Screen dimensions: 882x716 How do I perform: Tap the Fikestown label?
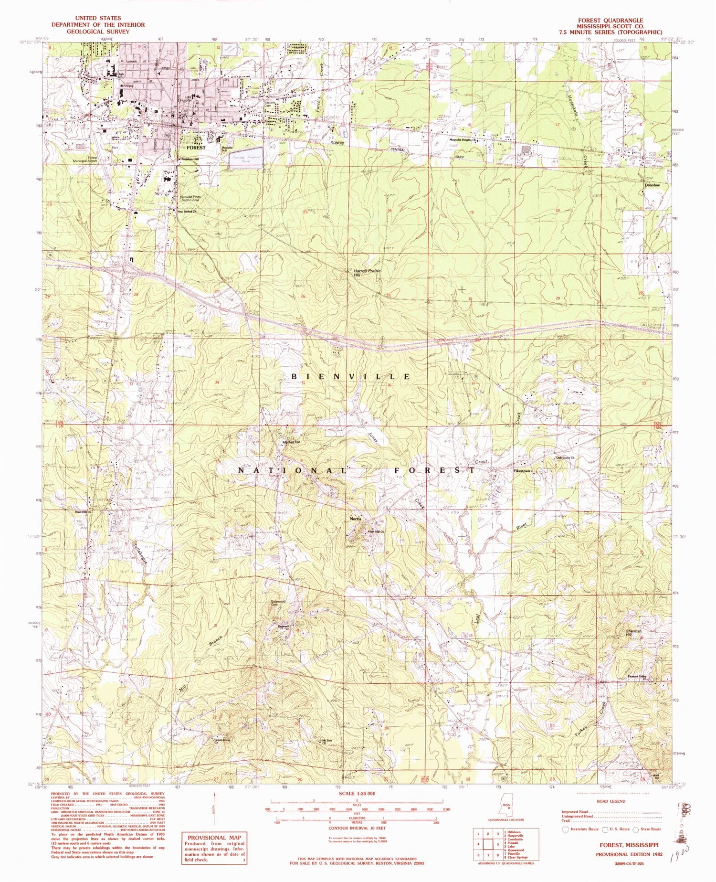pos(521,471)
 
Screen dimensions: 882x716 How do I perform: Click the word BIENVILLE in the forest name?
pos(350,377)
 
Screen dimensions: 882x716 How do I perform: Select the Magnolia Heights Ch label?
pos(465,140)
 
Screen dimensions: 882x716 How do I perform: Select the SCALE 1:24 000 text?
pos(356,793)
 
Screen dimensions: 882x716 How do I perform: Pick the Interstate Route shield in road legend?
pos(567,829)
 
